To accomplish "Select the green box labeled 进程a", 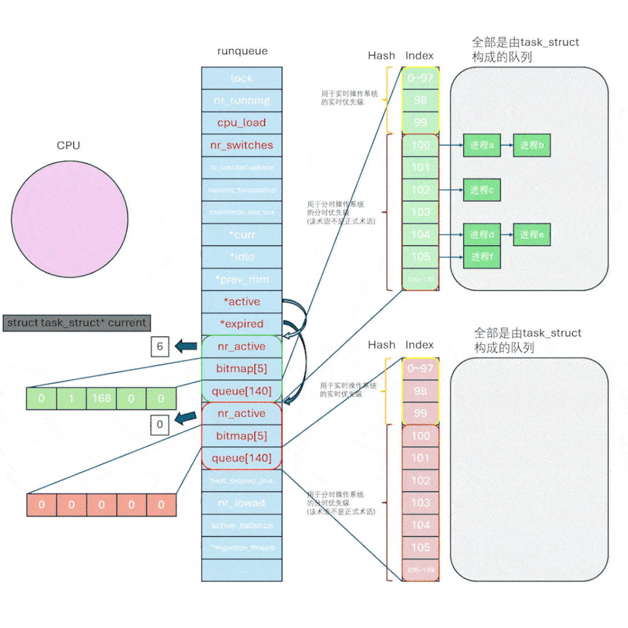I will click(x=481, y=145).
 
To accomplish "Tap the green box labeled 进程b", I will click(x=532, y=145).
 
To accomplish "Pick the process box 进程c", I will click(x=481, y=190).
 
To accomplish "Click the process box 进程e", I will click(x=532, y=235).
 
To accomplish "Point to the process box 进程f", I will click(x=481, y=257).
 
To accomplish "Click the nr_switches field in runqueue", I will click(x=241, y=145).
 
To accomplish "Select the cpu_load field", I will click(x=241, y=122).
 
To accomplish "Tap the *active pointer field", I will click(x=241, y=302).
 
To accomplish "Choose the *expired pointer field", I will click(x=241, y=324).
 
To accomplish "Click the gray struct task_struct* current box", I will click(x=77, y=323).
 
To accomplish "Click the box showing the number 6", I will click(x=160, y=347).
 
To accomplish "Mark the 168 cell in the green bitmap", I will click(x=101, y=398).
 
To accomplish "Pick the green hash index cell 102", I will click(x=420, y=190).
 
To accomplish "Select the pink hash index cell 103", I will click(x=420, y=503).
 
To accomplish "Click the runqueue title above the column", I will click(x=242, y=51).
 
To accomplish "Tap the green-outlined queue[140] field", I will click(x=241, y=391).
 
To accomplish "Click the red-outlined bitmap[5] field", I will click(x=241, y=435).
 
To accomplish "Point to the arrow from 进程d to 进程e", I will click(x=506, y=235).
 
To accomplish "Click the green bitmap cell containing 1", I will click(x=71, y=398).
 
